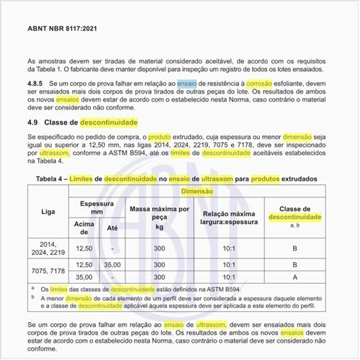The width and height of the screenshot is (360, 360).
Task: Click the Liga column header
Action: point(48,212)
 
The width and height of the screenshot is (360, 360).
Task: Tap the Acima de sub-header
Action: point(85,227)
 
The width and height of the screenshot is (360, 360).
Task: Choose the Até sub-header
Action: point(112,227)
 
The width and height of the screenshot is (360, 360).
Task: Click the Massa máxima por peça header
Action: point(160,215)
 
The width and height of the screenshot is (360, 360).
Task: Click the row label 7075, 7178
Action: point(48,270)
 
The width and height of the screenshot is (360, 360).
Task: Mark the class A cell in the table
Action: point(294,276)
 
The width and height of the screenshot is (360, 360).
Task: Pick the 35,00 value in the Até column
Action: point(112,264)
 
